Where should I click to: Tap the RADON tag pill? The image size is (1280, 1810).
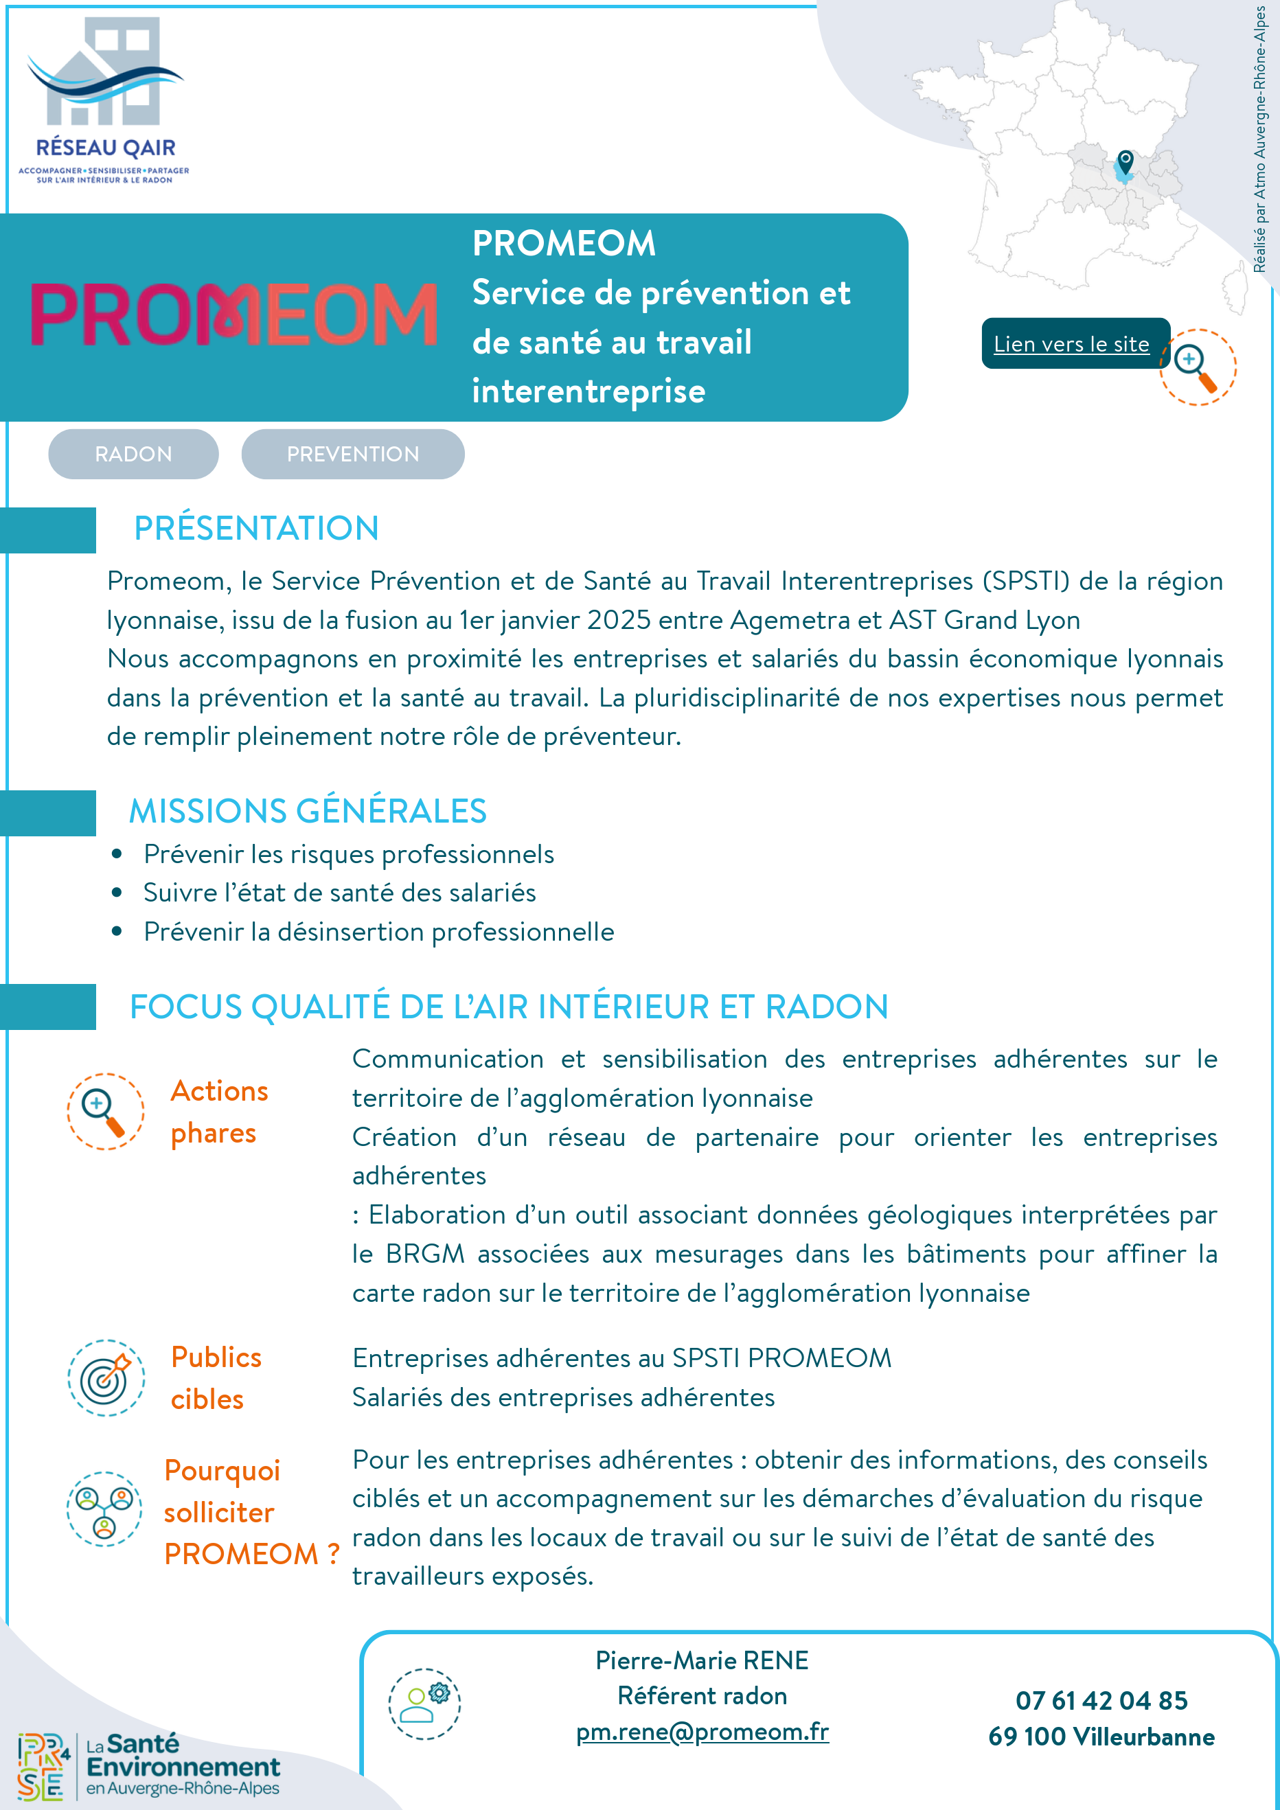pyautogui.click(x=133, y=454)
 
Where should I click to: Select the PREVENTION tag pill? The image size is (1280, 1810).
pyautogui.click(x=352, y=454)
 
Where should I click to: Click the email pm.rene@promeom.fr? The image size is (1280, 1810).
pyautogui.click(x=702, y=1731)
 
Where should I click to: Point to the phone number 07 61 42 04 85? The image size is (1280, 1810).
pyautogui.click(x=1101, y=1700)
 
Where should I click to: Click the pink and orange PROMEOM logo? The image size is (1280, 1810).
pyautogui.click(x=233, y=314)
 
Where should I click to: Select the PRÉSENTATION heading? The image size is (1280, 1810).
pyautogui.click(x=256, y=528)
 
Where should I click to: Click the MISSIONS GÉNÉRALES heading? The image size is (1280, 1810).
pyautogui.click(x=308, y=811)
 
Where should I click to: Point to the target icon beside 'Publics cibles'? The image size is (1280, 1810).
pyautogui.click(x=106, y=1377)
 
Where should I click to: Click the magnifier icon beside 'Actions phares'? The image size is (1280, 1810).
pyautogui.click(x=105, y=1112)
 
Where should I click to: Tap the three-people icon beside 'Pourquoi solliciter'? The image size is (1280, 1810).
pyautogui.click(x=104, y=1509)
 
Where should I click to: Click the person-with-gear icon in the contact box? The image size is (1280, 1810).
pyautogui.click(x=424, y=1704)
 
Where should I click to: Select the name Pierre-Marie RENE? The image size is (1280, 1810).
pyautogui.click(x=702, y=1661)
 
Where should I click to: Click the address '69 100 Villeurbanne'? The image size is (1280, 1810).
pyautogui.click(x=1101, y=1737)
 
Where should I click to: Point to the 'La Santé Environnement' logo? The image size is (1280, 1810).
pyautogui.click(x=150, y=1766)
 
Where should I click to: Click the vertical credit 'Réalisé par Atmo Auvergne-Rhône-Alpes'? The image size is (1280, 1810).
pyautogui.click(x=1259, y=139)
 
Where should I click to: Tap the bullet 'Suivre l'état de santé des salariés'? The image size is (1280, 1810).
pyautogui.click(x=339, y=893)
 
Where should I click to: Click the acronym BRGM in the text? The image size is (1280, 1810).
pyautogui.click(x=425, y=1255)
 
